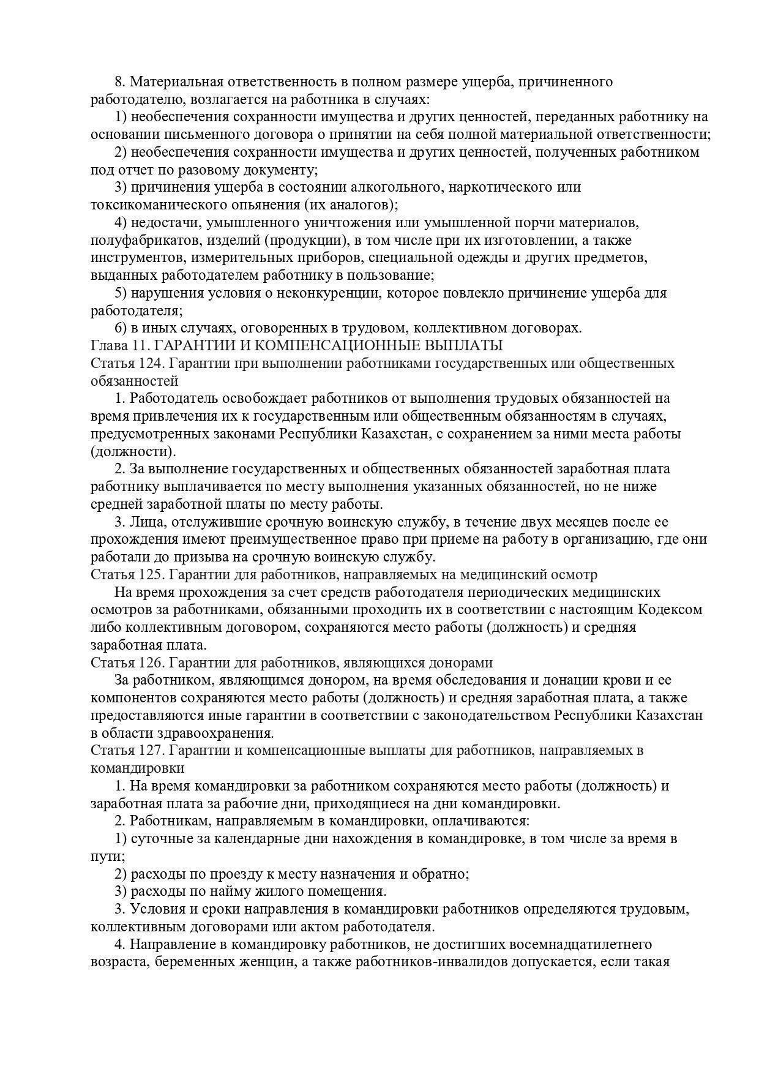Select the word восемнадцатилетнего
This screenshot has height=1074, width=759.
pyautogui.click(x=566, y=944)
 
